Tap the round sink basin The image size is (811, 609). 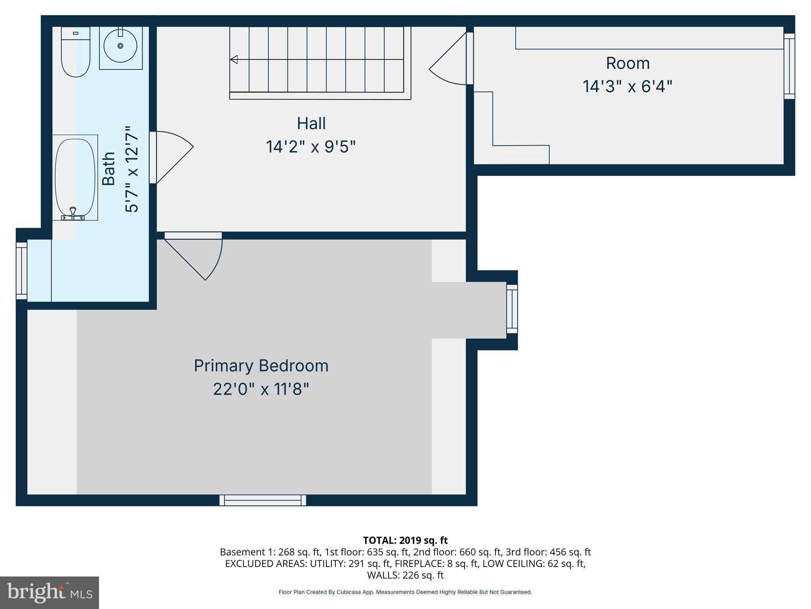(120, 46)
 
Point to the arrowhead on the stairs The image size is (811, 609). (234, 59)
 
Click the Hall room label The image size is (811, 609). (311, 123)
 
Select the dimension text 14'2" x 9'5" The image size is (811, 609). (311, 147)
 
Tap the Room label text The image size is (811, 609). (628, 63)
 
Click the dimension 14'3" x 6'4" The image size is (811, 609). (628, 86)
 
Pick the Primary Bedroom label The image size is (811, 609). (261, 366)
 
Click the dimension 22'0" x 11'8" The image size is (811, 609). (261, 389)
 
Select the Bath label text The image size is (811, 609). (109, 169)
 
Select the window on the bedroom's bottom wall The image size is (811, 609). (263, 500)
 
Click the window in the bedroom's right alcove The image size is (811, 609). (512, 309)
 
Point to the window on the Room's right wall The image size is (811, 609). (789, 66)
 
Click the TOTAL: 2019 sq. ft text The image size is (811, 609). (405, 540)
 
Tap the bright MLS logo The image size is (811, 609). (49, 592)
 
